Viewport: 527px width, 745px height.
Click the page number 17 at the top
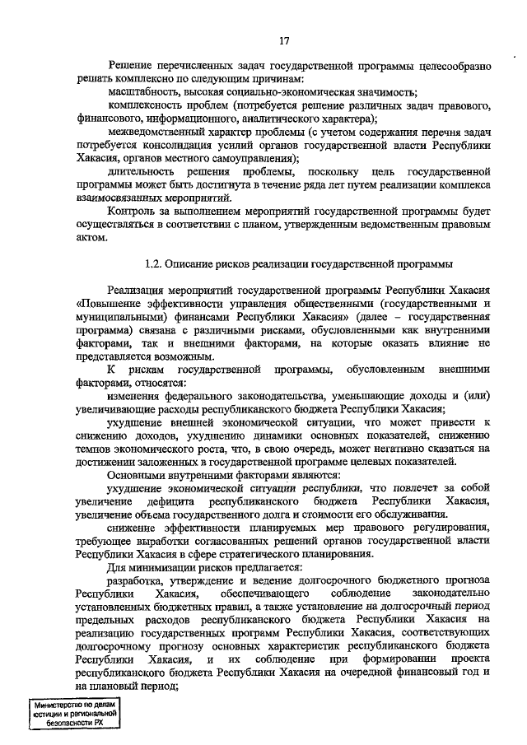[x=283, y=40]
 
